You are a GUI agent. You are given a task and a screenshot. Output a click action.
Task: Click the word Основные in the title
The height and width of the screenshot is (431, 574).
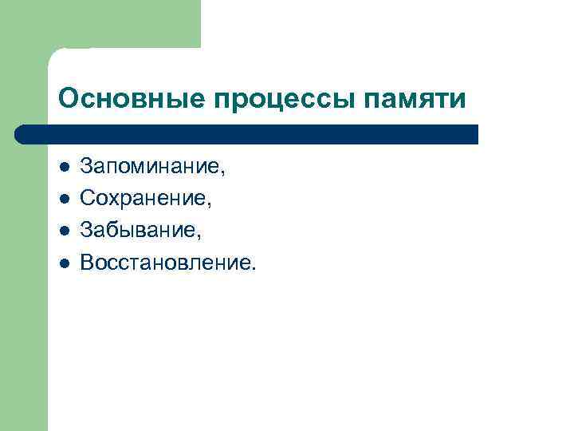pyautogui.click(x=132, y=99)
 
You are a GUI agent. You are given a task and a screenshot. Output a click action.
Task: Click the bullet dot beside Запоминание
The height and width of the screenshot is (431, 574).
pyautogui.click(x=63, y=168)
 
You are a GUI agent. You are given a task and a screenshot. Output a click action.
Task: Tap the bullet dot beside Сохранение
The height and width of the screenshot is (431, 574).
pyautogui.click(x=63, y=199)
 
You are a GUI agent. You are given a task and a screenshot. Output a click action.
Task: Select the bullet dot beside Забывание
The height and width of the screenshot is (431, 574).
pyautogui.click(x=63, y=231)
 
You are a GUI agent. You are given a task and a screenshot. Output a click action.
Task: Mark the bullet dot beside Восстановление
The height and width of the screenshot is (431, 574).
pyautogui.click(x=63, y=262)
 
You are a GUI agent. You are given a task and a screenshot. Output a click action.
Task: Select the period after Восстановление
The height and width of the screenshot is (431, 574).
pyautogui.click(x=254, y=267)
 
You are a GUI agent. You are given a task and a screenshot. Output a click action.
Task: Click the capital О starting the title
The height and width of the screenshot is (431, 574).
pyautogui.click(x=67, y=99)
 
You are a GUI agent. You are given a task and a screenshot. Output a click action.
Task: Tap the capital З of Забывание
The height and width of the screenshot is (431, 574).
pyautogui.click(x=86, y=231)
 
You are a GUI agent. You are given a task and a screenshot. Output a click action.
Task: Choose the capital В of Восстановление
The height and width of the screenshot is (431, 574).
pyautogui.click(x=87, y=262)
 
